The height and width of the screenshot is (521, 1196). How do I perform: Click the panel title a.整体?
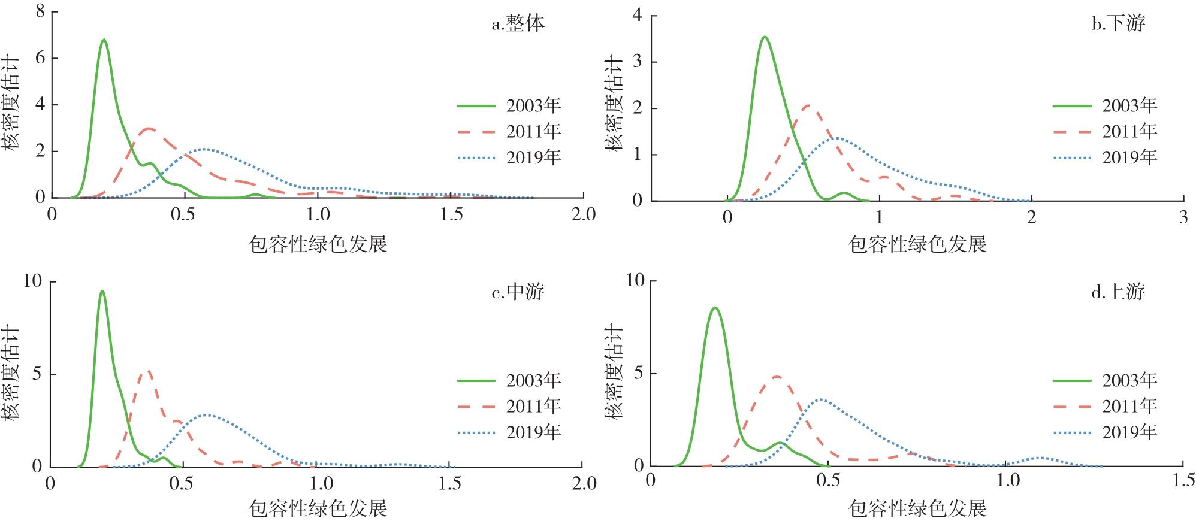coord(518,24)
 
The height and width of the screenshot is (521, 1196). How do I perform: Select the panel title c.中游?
coord(518,292)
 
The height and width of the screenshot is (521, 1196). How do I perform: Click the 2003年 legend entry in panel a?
coord(509,106)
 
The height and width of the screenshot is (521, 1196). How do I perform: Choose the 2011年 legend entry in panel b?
coord(1106,132)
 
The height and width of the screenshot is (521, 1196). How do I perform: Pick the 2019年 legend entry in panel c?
coord(509,432)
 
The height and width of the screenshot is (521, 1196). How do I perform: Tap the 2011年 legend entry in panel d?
coord(1106,407)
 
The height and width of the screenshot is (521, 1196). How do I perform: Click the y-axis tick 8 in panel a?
coord(40,11)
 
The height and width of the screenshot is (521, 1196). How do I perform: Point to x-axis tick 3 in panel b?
coord(1183,217)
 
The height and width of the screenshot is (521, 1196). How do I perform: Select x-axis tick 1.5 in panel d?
coord(1183,481)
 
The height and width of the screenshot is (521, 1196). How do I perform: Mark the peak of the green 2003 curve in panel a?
coord(104,40)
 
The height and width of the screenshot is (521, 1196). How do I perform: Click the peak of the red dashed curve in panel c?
coord(146,371)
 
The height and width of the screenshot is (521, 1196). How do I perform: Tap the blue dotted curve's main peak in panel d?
coord(820,399)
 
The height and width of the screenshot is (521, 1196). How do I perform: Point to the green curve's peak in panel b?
coord(764,37)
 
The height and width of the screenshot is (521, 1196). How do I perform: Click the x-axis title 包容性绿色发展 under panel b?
coord(917,244)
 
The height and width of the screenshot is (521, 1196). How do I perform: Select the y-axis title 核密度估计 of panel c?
coord(12,372)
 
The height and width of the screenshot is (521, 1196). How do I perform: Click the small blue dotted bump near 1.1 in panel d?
coord(1040,458)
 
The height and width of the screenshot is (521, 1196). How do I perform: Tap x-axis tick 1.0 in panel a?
coord(318,214)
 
